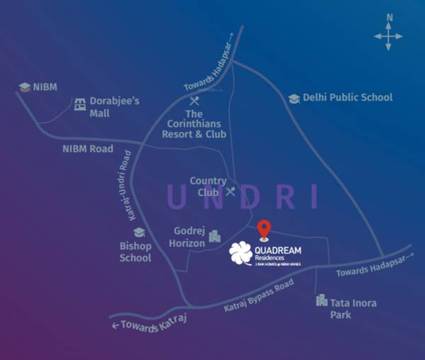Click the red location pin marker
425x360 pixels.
point(263,229)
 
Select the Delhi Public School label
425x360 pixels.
point(347,97)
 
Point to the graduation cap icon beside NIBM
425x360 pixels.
point(25,87)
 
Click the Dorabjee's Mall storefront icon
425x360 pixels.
point(80,104)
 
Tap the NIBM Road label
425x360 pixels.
point(88,149)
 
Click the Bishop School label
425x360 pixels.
point(135,252)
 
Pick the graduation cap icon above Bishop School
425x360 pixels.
point(139,232)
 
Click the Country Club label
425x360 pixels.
point(208,186)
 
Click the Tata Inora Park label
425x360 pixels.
point(353,308)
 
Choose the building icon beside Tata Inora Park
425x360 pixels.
point(321,300)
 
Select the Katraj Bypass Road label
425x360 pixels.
point(259,296)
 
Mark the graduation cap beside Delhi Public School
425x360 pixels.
point(293,99)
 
